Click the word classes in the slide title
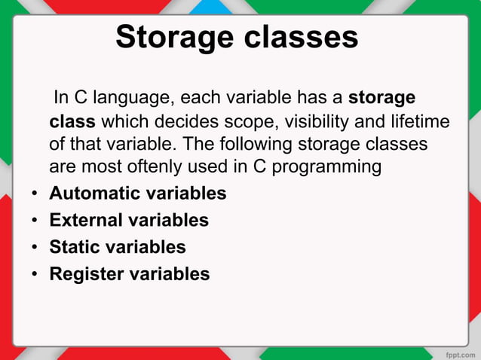300,38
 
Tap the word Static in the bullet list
72,247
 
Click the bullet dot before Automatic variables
35,194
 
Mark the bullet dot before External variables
35,221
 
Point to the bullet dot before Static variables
35,248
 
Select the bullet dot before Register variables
35,275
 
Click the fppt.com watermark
458,352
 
